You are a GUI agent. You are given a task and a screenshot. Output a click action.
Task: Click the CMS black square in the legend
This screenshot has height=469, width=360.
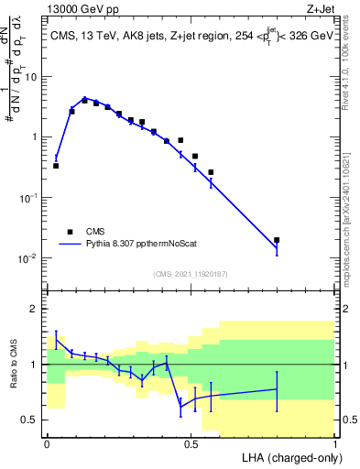pyautogui.click(x=69, y=232)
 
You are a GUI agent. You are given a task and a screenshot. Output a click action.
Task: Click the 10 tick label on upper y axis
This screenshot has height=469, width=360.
pyautogui.click(x=30, y=77)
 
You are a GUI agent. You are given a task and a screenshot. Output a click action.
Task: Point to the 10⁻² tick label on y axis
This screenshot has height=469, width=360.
pyautogui.click(x=27, y=258)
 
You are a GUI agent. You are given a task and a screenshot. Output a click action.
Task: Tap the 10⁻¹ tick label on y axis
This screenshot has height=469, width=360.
pyautogui.click(x=27, y=198)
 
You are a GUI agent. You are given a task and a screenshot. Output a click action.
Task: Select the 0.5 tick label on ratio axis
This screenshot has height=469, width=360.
pyautogui.click(x=30, y=420)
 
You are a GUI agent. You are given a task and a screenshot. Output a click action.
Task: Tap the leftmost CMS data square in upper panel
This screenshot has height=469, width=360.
pyautogui.click(x=56, y=166)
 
